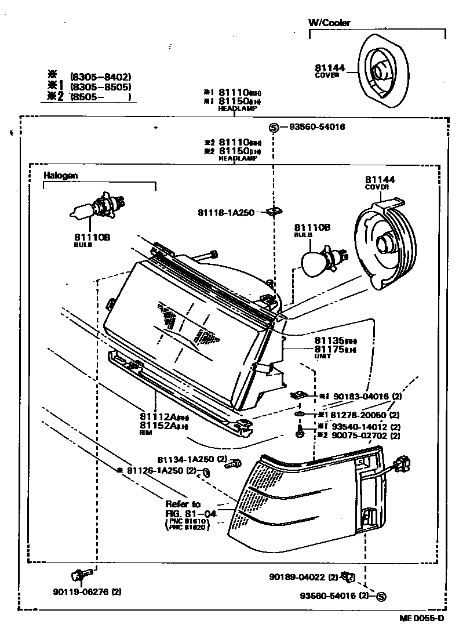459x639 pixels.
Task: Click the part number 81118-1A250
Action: tap(226, 213)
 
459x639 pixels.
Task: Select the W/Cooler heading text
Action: tap(329, 23)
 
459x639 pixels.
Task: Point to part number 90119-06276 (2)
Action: tap(87, 592)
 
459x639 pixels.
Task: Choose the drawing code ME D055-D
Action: tap(421, 618)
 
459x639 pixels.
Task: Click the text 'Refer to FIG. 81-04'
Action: tap(184, 509)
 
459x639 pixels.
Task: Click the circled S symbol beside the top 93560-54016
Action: tap(274, 128)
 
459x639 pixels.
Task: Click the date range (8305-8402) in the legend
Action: tap(100, 77)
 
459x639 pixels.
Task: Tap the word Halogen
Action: tap(60, 175)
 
